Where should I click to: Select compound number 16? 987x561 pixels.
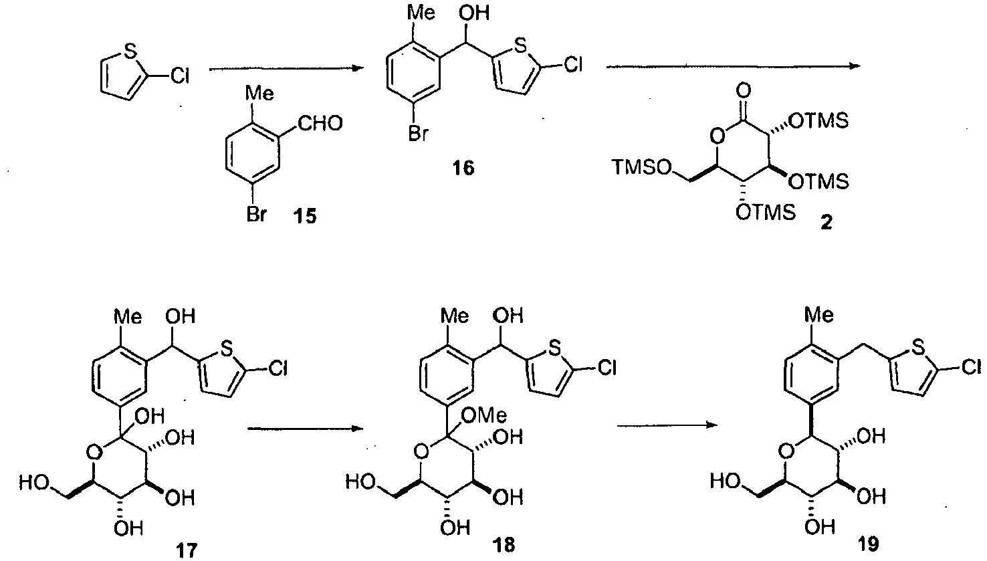pos(461,168)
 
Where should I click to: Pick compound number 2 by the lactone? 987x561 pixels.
pos(827,221)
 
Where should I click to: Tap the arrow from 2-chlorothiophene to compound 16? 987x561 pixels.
pos(284,68)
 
